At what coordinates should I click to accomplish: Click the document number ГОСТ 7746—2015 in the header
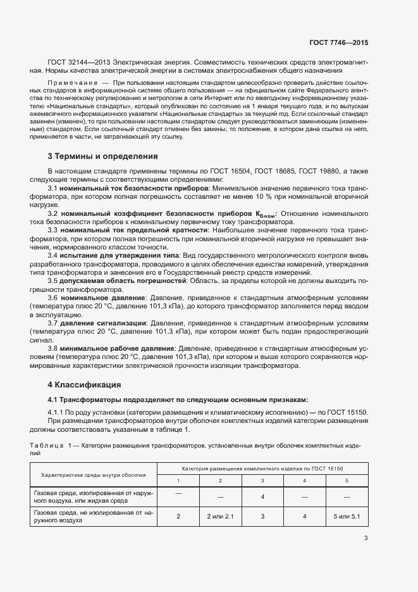[x=338, y=43]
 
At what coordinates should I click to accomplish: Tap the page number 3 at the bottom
[x=366, y=539]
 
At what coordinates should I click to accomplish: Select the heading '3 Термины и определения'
[x=102, y=156]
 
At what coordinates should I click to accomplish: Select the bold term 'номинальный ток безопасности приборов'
[x=136, y=189]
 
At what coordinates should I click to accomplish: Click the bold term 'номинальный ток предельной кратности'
[x=135, y=230]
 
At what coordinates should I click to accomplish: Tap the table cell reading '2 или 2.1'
[x=220, y=517]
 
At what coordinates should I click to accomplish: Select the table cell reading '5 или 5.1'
[x=347, y=517]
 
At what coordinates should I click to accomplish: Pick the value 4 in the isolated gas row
[x=262, y=496]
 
